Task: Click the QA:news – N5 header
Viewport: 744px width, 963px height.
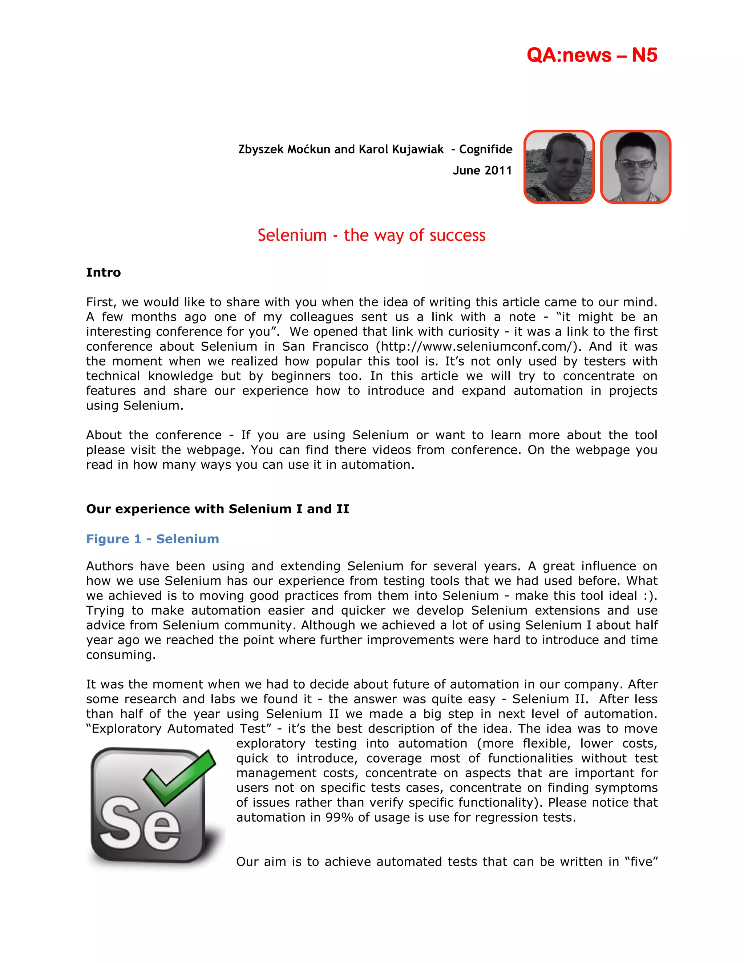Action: (x=591, y=55)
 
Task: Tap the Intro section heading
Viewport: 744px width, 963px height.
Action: (x=103, y=273)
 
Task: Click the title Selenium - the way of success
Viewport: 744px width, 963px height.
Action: (x=372, y=235)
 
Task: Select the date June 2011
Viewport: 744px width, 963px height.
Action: (x=482, y=171)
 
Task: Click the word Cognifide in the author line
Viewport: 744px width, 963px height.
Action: (x=485, y=149)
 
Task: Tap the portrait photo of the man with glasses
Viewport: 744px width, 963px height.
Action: (x=635, y=167)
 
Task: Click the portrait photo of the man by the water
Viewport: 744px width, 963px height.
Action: (x=559, y=167)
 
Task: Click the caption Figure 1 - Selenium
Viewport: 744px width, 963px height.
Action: (x=153, y=539)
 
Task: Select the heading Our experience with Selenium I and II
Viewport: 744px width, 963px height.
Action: (x=218, y=509)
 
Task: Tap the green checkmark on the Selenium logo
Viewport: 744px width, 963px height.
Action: (x=180, y=777)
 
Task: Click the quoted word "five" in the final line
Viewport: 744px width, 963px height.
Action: (x=641, y=862)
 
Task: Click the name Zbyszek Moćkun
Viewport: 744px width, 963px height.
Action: (x=284, y=149)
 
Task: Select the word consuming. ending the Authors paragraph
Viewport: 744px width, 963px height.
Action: (x=121, y=655)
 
